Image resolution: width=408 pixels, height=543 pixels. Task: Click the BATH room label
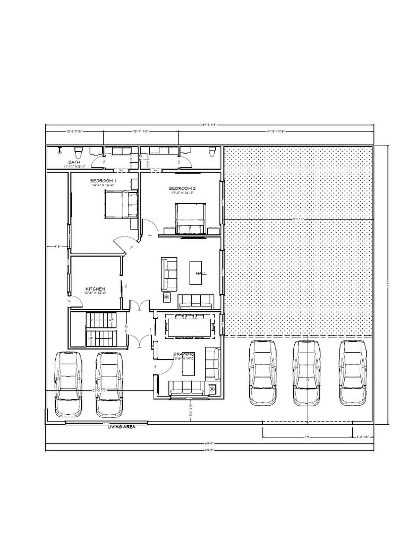[74, 161]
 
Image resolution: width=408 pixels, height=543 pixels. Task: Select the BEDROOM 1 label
[104, 181]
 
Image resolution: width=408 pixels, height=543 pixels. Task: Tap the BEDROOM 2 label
[183, 188]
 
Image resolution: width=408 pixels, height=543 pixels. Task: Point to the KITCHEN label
[95, 289]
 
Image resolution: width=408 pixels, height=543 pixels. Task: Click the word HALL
[201, 273]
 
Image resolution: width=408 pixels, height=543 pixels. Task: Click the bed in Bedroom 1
[121, 205]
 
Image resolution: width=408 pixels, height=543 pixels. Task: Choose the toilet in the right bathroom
[212, 152]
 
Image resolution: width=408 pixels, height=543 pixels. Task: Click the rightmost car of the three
[354, 372]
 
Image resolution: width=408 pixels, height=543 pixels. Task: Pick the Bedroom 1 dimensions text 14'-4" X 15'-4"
[104, 186]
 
